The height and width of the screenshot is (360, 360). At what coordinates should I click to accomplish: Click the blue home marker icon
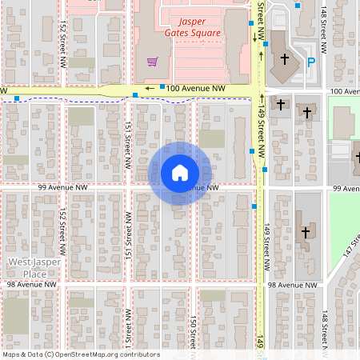click(x=179, y=173)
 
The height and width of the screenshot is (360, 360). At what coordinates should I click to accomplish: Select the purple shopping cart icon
click(x=152, y=62)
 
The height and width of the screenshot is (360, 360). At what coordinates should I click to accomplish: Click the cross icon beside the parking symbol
click(x=284, y=59)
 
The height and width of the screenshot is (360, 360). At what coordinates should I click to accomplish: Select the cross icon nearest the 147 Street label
click(x=304, y=232)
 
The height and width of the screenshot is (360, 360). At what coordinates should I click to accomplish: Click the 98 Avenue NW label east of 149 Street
click(x=295, y=284)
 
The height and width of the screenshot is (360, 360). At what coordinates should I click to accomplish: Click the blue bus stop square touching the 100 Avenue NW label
click(x=162, y=86)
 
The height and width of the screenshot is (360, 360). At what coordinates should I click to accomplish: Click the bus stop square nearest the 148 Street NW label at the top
click(x=298, y=6)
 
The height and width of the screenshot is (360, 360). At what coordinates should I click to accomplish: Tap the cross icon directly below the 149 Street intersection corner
click(x=281, y=105)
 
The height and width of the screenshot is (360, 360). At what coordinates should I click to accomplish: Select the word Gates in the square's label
click(x=180, y=34)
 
